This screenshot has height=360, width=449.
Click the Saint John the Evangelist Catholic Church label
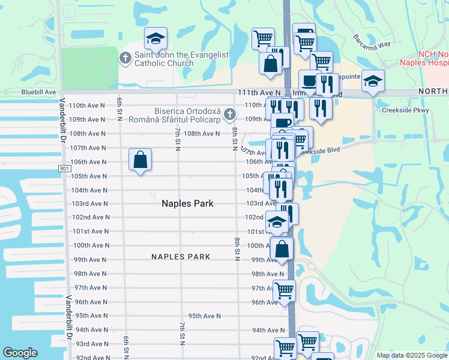pos(173,59)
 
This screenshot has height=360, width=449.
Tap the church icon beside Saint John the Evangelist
pos(125,58)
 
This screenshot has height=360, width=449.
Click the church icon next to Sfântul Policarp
pos(229,114)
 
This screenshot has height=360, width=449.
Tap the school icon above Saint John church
pos(155,40)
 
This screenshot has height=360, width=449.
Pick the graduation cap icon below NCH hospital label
pos(373,80)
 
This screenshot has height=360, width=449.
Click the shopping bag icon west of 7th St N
pos(140,160)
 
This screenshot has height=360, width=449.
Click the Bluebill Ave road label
pos(38,92)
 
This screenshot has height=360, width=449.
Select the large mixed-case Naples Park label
pos(187,203)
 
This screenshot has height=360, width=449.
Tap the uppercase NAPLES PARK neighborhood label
pos(181,257)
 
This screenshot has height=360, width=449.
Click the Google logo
pos(20,353)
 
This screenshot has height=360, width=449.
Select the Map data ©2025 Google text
pos(411,355)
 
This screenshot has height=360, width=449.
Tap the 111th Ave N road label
pos(259,92)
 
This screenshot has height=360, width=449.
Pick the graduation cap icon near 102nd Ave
pos(276,223)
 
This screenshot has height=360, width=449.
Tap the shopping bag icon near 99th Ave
pos(282,248)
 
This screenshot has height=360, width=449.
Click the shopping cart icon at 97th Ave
pos(285,290)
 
